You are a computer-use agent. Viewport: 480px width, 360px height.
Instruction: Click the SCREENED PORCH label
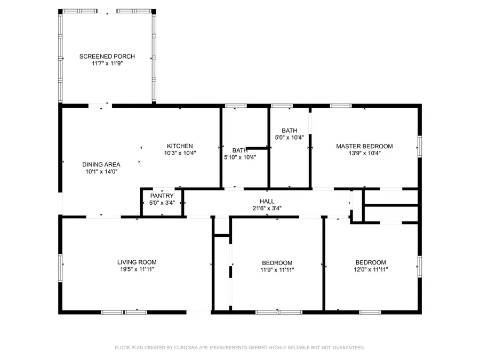[107, 57]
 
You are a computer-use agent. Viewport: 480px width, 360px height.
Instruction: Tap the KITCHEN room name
[180, 146]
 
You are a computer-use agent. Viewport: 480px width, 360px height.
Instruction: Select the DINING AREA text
[101, 164]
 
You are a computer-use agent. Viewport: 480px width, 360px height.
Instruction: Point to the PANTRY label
[162, 196]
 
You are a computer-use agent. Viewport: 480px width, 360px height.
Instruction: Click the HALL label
[267, 201]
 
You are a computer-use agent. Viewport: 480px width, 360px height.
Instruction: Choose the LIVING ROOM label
[137, 262]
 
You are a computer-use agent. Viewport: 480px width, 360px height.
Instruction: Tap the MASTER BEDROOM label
[364, 146]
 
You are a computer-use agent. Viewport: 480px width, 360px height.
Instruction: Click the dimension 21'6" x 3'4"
[267, 208]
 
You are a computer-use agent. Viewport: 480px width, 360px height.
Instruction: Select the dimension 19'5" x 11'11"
[137, 269]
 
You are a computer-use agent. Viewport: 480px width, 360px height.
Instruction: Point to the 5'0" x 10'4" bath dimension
[289, 138]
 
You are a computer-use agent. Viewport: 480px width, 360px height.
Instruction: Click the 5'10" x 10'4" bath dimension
[240, 157]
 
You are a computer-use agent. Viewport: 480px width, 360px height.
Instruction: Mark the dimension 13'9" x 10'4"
[364, 154]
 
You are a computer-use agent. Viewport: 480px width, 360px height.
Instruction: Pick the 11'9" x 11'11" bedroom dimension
[277, 270]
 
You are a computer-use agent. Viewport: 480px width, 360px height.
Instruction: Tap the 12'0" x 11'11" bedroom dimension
[371, 269]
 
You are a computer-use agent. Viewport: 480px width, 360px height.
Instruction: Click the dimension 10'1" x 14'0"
[101, 171]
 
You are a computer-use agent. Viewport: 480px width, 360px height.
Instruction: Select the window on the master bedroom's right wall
[420, 147]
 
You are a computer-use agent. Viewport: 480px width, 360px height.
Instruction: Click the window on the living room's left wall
[60, 268]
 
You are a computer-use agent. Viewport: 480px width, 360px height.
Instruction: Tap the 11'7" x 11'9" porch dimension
[107, 63]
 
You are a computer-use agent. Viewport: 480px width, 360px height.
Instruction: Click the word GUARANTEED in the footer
[349, 347]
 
